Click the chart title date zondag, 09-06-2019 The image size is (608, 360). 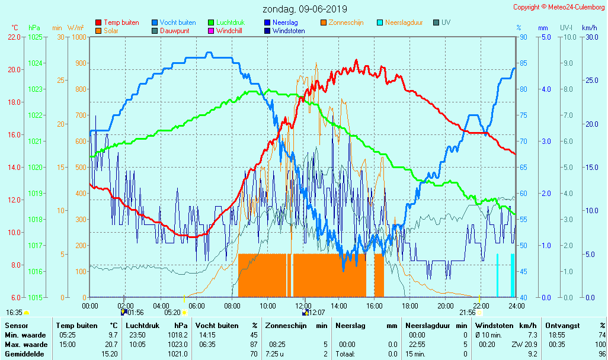[x=305, y=9]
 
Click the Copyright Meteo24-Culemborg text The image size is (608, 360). [x=559, y=7]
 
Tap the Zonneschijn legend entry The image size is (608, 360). [x=346, y=22]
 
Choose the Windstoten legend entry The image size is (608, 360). [x=289, y=31]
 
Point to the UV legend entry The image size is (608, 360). [x=446, y=22]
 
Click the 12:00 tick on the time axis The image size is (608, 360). [x=303, y=306]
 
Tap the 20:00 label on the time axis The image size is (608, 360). [x=446, y=306]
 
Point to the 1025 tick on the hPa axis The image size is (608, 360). [x=35, y=37]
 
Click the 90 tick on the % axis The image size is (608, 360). [x=523, y=37]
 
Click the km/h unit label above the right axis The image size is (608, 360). [x=589, y=28]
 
